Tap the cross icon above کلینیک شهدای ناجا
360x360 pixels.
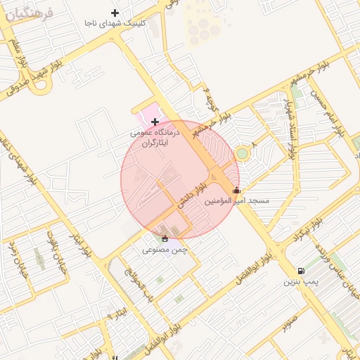(x=115, y=13)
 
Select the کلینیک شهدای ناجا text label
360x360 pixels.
(x=115, y=23)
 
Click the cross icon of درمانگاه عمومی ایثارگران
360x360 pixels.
(x=155, y=122)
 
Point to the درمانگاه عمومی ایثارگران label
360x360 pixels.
(x=155, y=137)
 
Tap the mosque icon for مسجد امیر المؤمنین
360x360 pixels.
(x=236, y=190)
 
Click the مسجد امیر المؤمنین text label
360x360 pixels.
(x=236, y=201)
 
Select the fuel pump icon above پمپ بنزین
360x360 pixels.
(x=302, y=271)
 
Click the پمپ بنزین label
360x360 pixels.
(x=301, y=282)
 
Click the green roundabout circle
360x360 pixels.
(x=243, y=153)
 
